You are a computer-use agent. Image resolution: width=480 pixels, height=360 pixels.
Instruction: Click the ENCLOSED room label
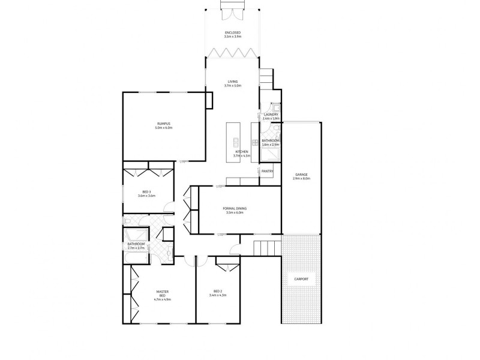232,32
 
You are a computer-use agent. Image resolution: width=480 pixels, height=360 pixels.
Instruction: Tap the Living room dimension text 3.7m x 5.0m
232,86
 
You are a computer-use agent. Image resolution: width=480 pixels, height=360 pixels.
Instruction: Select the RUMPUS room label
163,124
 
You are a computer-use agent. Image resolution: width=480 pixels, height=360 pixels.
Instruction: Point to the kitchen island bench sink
236,142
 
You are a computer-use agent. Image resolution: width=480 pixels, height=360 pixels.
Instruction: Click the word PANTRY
267,171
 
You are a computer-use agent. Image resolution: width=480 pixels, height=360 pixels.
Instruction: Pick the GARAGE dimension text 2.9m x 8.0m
301,179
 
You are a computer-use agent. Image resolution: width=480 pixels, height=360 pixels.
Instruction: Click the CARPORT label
301,279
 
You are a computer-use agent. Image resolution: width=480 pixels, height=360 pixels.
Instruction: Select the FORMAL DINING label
236,208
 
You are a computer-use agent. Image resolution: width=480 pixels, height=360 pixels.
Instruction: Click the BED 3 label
146,192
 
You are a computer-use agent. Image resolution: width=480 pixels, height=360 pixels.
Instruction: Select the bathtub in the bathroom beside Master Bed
136,257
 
